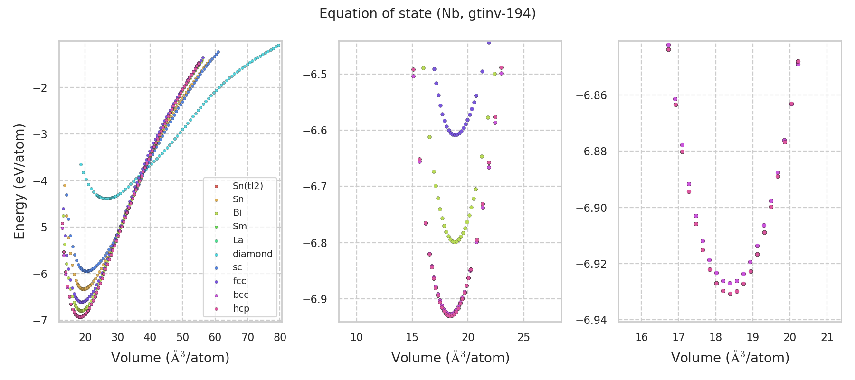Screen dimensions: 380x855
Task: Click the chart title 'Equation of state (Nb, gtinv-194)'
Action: tap(427, 14)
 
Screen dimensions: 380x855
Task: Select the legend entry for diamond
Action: tap(252, 254)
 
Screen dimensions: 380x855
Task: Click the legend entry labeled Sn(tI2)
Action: tap(247, 186)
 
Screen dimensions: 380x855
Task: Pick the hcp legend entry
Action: tap(241, 309)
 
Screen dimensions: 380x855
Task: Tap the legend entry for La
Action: tap(238, 240)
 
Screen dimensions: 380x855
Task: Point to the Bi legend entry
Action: tap(237, 213)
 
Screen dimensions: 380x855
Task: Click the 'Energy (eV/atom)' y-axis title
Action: tap(19, 181)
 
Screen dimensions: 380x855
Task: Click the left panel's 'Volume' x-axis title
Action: tap(170, 358)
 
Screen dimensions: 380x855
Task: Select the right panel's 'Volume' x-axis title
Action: tap(730, 358)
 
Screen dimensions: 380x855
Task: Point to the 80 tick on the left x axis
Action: tap(280, 337)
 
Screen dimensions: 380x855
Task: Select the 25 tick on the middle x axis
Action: tap(523, 337)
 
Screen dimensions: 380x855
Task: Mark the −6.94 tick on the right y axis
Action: tap(591, 320)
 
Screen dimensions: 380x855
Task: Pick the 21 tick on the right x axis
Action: tap(827, 337)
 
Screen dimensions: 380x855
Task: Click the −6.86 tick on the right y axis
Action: tap(591, 95)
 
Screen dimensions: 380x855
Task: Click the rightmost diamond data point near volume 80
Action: tap(279, 46)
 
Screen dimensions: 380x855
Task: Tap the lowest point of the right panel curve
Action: tap(730, 294)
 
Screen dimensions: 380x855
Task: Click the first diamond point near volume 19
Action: tap(81, 164)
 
